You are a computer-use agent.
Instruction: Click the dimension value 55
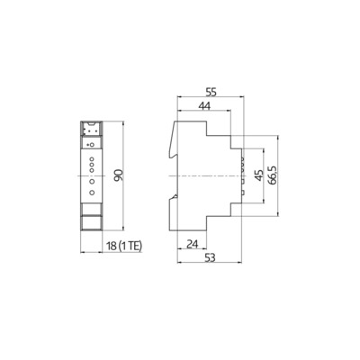tap(211, 92)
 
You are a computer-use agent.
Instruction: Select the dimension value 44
tap(205, 105)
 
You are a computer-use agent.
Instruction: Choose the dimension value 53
tap(210, 258)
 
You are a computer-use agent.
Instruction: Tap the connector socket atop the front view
tap(92, 129)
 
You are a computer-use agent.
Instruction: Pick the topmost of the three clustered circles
tap(92, 154)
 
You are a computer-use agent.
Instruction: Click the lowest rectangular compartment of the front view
tap(92, 221)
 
